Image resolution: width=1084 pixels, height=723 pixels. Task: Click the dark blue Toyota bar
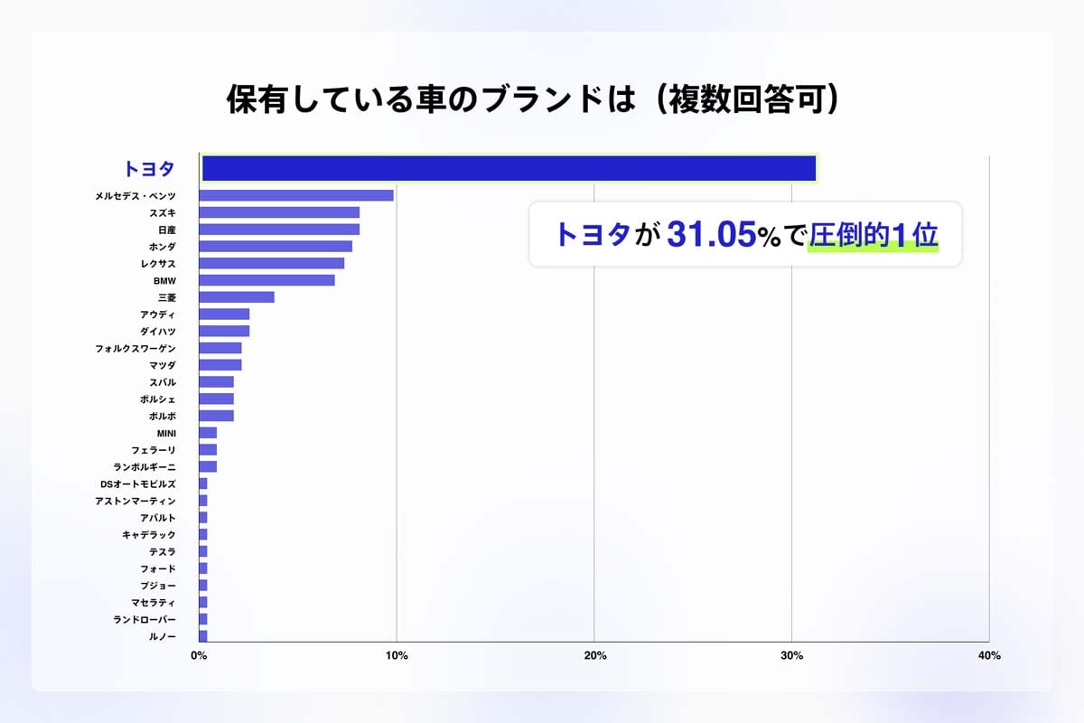click(x=509, y=168)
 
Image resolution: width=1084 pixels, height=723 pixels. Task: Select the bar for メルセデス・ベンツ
click(x=296, y=195)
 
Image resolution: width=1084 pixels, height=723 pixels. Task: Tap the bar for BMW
click(x=266, y=280)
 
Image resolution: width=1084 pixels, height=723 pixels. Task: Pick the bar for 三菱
click(x=237, y=297)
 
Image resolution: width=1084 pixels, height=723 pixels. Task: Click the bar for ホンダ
click(x=276, y=247)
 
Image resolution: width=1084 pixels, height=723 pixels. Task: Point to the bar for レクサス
click(x=271, y=263)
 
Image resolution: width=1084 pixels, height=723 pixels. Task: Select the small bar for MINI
click(x=208, y=433)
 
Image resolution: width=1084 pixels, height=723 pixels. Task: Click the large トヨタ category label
click(x=149, y=169)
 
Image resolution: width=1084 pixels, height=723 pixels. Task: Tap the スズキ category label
click(x=163, y=212)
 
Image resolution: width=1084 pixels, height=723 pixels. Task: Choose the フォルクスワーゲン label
click(x=135, y=348)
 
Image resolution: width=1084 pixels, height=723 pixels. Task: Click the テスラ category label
click(x=163, y=551)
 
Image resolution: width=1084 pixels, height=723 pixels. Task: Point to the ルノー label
click(x=163, y=636)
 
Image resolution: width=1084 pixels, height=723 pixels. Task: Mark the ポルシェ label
click(x=158, y=399)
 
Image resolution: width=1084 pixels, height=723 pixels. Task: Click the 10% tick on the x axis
click(x=396, y=656)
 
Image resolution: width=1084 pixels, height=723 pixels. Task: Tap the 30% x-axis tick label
click(x=791, y=656)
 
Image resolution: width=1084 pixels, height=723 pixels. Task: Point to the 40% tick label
click(x=989, y=656)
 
